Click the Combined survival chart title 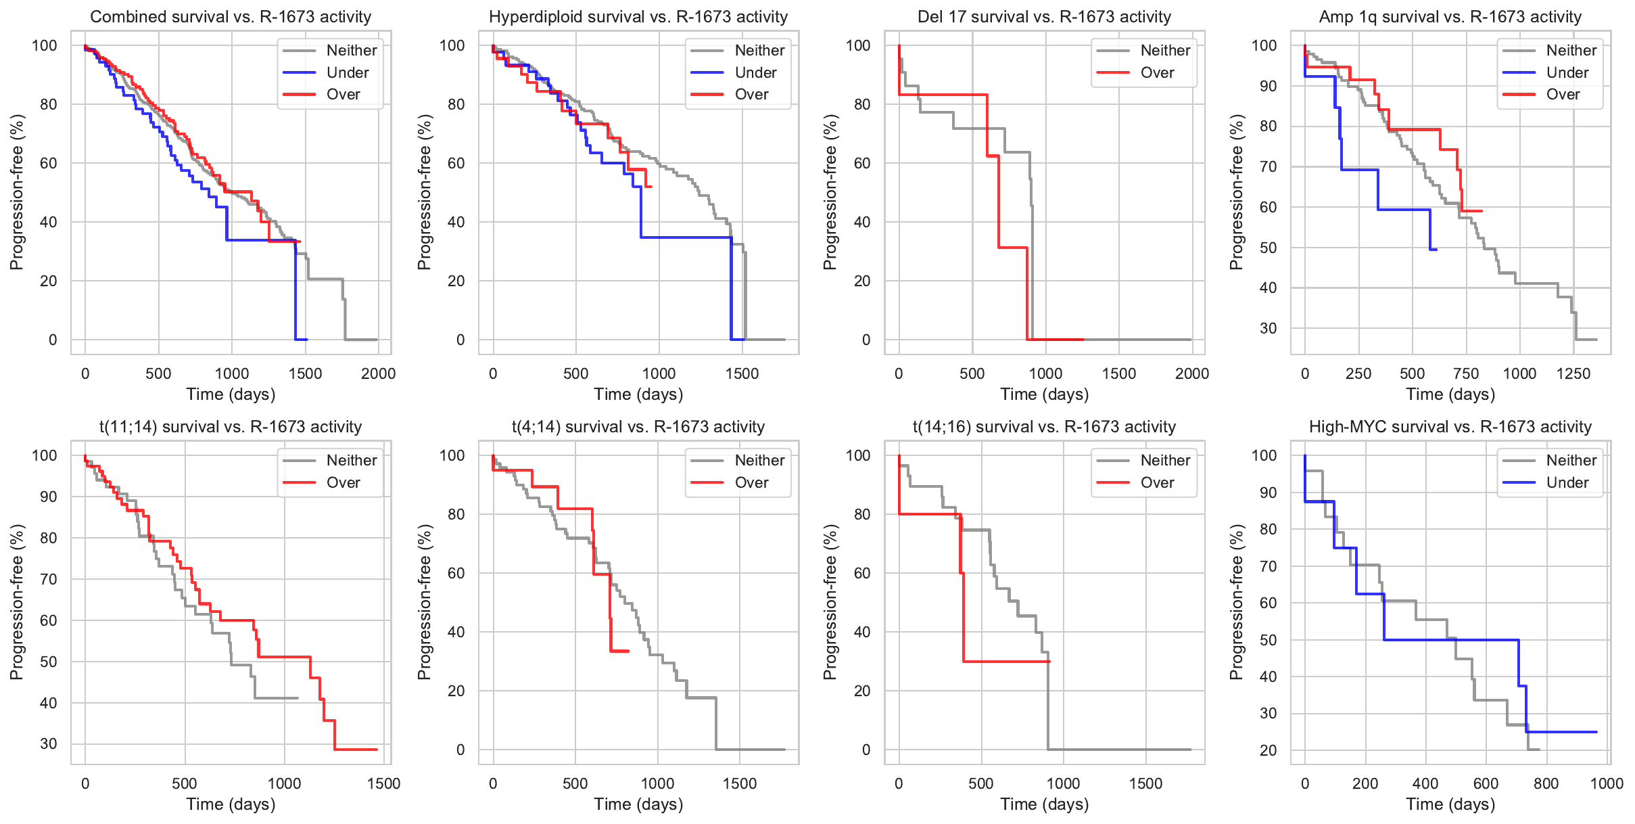(x=231, y=17)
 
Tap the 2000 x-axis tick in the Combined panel (x=378, y=373)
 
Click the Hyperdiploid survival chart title (x=638, y=17)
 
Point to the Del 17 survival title (x=1044, y=17)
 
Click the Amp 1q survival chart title (x=1450, y=17)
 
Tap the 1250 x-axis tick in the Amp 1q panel (x=1573, y=373)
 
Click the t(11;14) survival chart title (x=231, y=427)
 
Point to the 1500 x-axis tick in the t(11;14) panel (x=383, y=783)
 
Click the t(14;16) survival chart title (x=1044, y=427)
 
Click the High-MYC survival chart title (x=1450, y=427)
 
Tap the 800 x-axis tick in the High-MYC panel (x=1546, y=783)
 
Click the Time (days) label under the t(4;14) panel (x=638, y=804)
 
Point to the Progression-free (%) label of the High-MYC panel (x=1237, y=602)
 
